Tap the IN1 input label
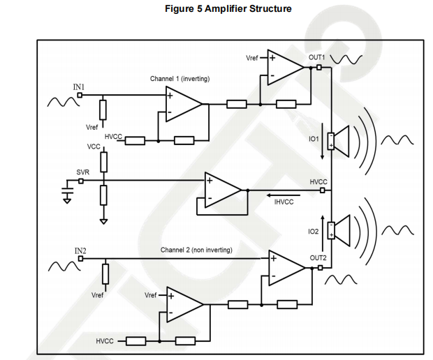pos(80,87)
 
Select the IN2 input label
pos(80,250)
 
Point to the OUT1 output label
pos(317,58)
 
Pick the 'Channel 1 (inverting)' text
pos(179,79)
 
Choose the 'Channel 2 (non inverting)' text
pos(196,250)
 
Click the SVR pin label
pos(83,172)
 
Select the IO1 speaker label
pos(314,139)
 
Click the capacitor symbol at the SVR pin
pos(67,190)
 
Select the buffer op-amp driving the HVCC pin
pos(223,189)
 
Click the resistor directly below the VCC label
pos(103,162)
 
